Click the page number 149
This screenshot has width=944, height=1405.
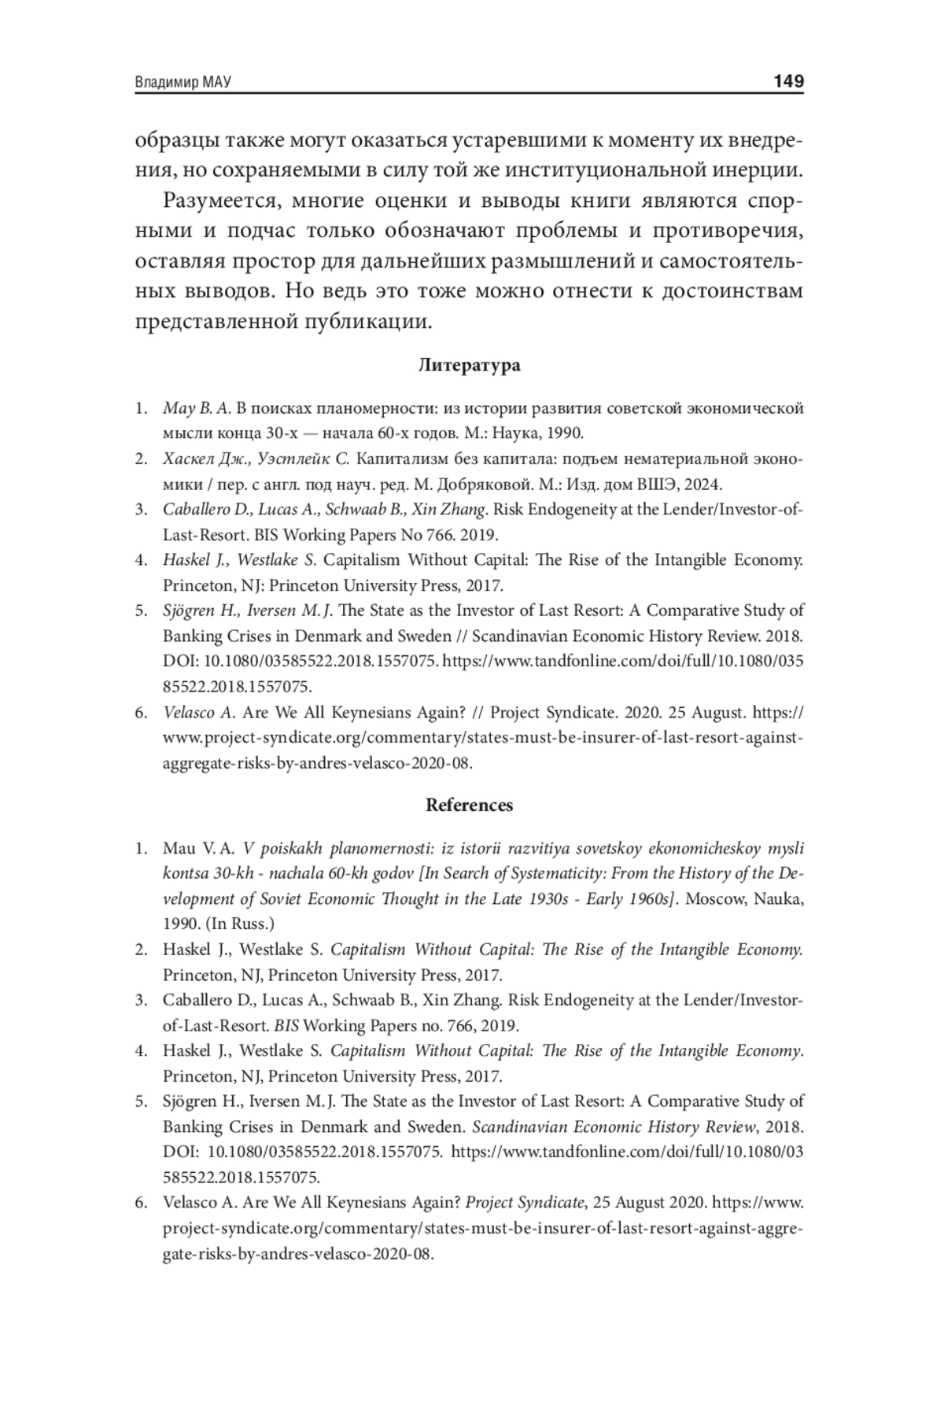coord(787,81)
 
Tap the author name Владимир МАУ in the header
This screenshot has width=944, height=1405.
coord(183,83)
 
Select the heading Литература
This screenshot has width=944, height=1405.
coord(469,365)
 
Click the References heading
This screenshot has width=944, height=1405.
coord(469,805)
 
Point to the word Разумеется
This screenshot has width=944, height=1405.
coord(220,201)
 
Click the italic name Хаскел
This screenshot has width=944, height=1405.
coord(186,459)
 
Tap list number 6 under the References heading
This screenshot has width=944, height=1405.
coord(141,1203)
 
